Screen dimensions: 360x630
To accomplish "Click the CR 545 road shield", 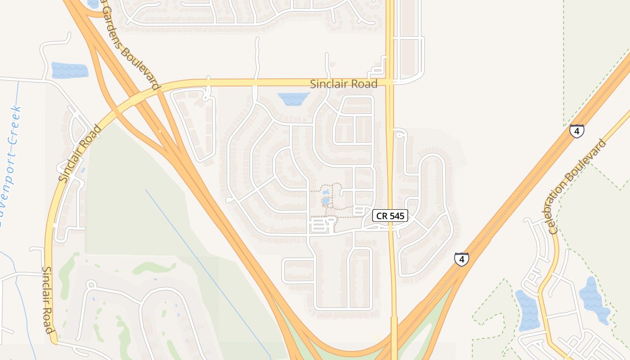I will pyautogui.click(x=390, y=216).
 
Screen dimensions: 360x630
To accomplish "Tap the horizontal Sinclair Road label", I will pyautogui.click(x=343, y=84).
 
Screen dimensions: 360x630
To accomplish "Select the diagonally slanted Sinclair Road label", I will pyautogui.click(x=80, y=154).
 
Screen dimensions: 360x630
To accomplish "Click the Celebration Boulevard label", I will pyautogui.click(x=577, y=187).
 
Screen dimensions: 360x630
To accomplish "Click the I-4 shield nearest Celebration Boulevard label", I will pyautogui.click(x=576, y=131).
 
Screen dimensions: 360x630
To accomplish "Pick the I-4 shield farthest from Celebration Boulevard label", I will pyautogui.click(x=461, y=259).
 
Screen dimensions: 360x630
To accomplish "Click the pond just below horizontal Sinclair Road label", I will pyautogui.click(x=293, y=99).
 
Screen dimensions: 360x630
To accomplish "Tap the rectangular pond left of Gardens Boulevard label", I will pyautogui.click(x=69, y=70).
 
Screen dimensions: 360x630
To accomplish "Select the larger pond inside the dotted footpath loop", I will pyautogui.click(x=326, y=201).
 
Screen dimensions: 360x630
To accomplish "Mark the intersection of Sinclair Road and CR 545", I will pyautogui.click(x=390, y=82).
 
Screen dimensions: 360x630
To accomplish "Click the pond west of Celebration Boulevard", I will pyautogui.click(x=527, y=310).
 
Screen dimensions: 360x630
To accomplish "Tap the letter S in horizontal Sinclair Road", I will pyautogui.click(x=314, y=84).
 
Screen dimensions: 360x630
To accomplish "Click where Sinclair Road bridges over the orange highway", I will pyautogui.click(x=135, y=96).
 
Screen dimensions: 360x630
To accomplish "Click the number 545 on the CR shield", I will pyautogui.click(x=396, y=216).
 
